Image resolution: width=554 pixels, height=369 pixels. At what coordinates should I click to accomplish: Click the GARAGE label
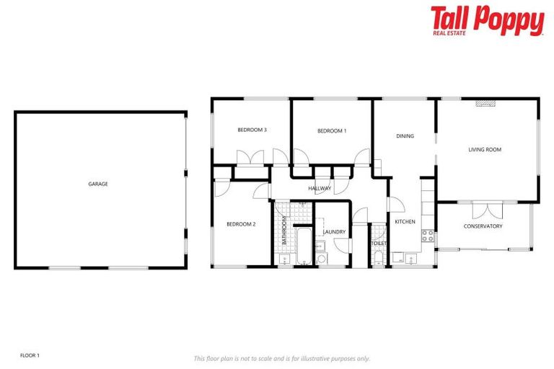[98, 184]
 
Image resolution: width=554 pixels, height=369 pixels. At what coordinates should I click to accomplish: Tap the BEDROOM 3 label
[252, 130]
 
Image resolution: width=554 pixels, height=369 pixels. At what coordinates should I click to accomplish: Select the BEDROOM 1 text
[332, 130]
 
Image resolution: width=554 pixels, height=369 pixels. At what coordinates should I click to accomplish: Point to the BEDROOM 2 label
[241, 224]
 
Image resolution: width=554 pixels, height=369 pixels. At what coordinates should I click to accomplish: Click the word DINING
[405, 135]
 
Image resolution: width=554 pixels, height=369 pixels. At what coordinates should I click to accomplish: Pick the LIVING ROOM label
[485, 150]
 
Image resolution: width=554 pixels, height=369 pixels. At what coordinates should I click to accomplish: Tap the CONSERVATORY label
[483, 226]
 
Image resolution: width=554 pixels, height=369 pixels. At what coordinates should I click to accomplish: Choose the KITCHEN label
[405, 221]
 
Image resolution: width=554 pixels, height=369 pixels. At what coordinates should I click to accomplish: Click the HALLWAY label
[320, 189]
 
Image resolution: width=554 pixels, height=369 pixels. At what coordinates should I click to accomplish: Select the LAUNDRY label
[334, 232]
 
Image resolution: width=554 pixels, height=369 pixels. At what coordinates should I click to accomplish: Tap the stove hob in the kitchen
[428, 234]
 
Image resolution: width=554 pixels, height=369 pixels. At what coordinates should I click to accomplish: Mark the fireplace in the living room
[485, 103]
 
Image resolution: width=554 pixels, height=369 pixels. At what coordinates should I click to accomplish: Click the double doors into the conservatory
[487, 210]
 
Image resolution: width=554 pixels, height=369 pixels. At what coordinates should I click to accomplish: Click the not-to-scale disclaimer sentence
[281, 358]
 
